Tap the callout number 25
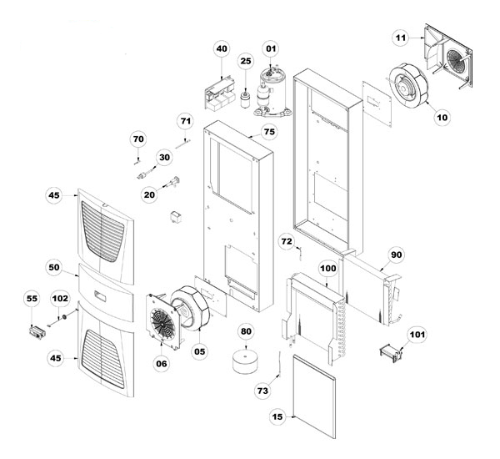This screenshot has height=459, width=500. [245, 61]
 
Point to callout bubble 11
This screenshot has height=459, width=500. [401, 38]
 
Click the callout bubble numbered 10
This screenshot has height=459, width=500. [441, 117]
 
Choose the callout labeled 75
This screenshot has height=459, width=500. [268, 132]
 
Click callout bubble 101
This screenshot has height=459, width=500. [416, 336]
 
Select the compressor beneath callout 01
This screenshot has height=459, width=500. [271, 89]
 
